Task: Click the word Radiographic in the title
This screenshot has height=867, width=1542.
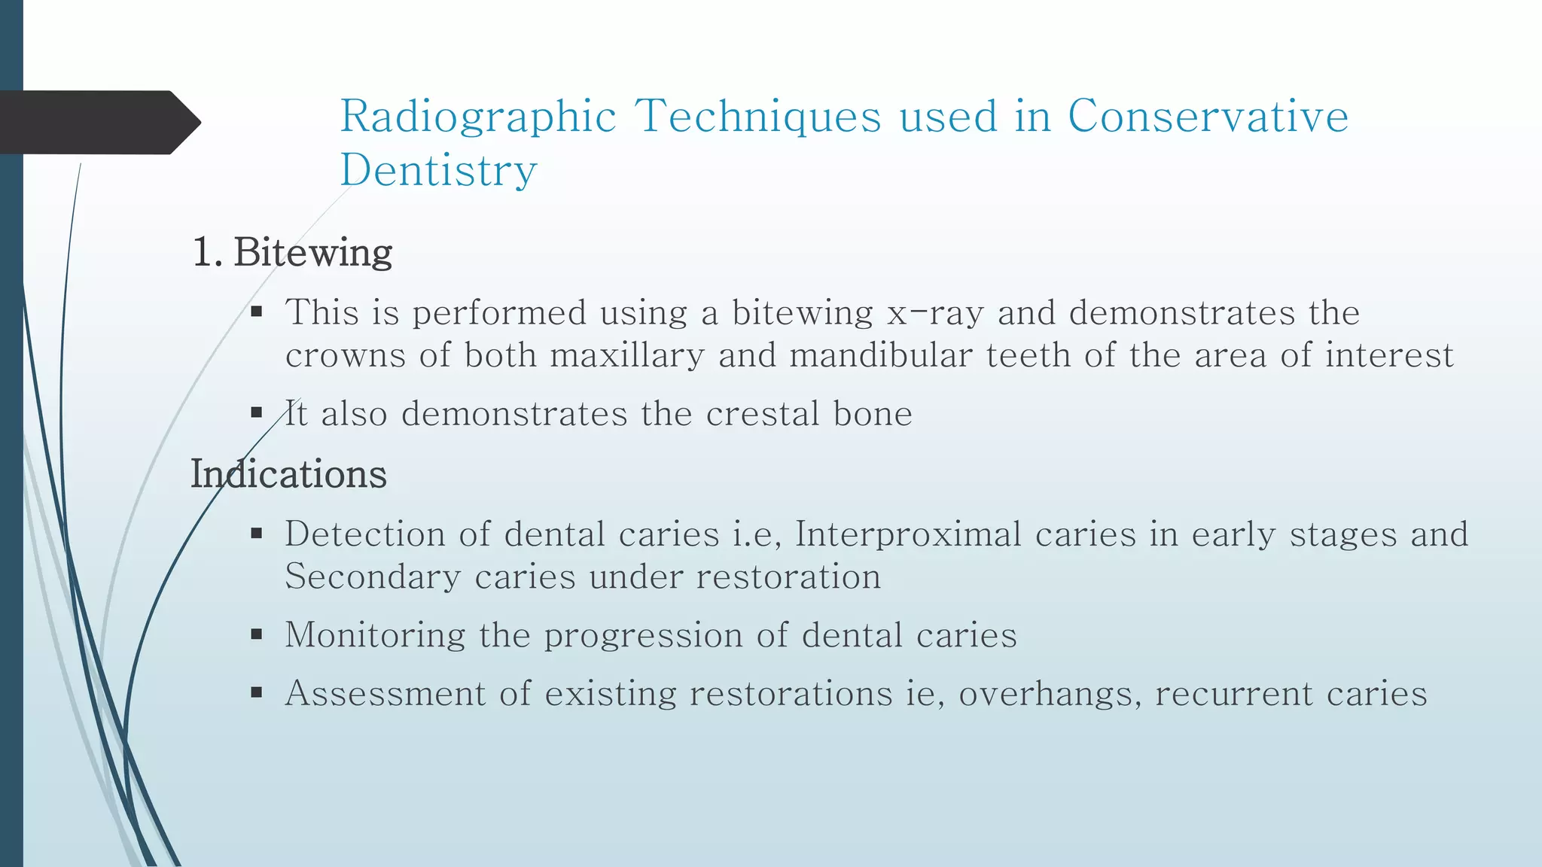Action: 478,117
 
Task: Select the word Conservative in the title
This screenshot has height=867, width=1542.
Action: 1208,117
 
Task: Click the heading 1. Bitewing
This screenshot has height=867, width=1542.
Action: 292,252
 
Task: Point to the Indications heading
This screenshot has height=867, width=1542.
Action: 288,474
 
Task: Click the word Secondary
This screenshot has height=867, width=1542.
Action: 373,577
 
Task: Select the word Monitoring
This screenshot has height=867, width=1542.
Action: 375,635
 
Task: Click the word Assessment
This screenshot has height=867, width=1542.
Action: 385,693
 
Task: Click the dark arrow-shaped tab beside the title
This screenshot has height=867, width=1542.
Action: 98,123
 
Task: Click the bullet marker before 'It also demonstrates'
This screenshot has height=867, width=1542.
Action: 257,412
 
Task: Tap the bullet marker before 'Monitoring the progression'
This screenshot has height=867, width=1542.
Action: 257,634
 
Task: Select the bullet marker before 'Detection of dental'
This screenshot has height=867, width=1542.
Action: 257,534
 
